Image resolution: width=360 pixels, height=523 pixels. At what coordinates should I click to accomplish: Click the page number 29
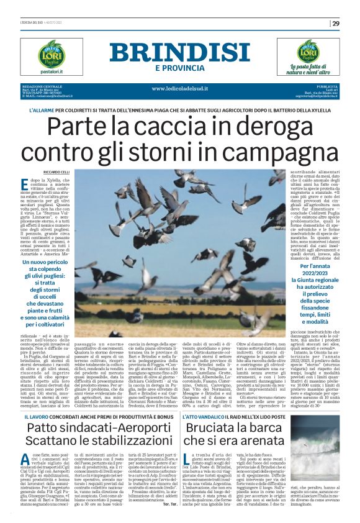336,24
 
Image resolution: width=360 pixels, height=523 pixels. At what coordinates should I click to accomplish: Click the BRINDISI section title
179,52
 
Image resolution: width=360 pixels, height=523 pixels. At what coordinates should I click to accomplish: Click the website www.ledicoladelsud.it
179,88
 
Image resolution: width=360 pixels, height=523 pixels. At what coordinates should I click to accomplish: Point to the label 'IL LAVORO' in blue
40,414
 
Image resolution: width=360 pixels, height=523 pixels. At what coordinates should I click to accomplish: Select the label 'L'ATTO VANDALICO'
214,414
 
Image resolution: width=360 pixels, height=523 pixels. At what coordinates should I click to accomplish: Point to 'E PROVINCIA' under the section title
179,67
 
